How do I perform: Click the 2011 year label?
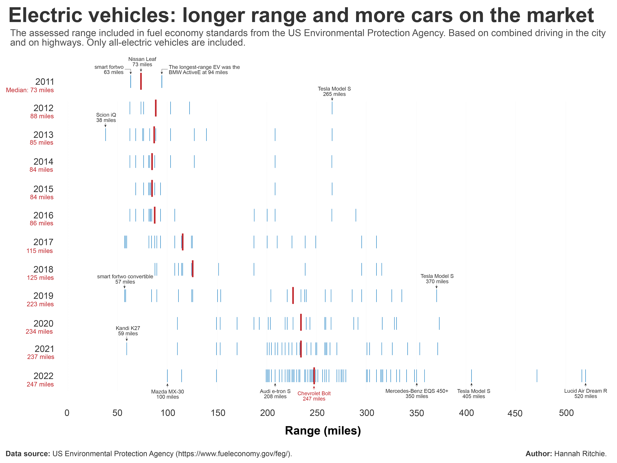click(x=45, y=82)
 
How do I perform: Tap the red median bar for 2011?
click(x=141, y=81)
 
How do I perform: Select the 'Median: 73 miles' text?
click(x=30, y=90)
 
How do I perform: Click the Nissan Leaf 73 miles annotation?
click(x=142, y=62)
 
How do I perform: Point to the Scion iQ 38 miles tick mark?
click(x=105, y=134)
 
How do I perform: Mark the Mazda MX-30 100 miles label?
click(x=167, y=394)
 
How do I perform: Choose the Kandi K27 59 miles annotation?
click(x=128, y=331)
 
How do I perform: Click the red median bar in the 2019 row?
click(x=293, y=295)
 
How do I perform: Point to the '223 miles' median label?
click(x=40, y=304)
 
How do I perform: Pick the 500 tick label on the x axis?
click(x=566, y=413)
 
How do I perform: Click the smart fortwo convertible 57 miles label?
click(x=125, y=279)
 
